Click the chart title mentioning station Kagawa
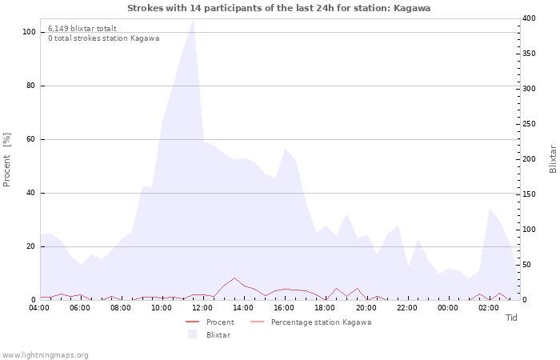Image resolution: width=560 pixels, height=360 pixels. coord(278,8)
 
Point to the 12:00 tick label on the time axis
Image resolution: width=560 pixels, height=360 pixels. coord(202,308)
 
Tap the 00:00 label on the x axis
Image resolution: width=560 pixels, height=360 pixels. coord(448,308)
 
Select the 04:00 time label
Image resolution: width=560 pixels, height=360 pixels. coord(39,308)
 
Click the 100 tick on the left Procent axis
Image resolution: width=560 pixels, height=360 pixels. coord(29,32)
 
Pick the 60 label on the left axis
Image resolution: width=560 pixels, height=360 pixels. coord(30,139)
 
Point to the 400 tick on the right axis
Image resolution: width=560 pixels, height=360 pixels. coord(529,18)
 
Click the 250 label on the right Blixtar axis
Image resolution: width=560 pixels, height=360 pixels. coord(529,124)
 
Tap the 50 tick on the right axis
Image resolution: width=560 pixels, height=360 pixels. coord(526,265)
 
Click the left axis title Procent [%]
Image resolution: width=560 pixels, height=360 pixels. coord(6,160)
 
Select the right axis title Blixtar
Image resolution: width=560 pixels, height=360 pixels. coord(553,159)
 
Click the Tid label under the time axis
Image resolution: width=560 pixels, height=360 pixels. coord(511,318)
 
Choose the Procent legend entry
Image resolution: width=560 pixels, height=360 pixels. coord(210,322)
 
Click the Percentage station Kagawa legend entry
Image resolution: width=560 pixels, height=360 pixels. coord(310,322)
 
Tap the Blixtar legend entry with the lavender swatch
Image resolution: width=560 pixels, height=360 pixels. coord(209,335)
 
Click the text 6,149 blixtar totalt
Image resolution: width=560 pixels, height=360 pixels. coord(82,29)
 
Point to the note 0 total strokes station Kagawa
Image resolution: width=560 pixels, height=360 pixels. coord(103,38)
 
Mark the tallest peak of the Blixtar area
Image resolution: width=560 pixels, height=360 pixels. coord(193,19)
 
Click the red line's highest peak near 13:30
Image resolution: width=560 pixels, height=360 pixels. coord(234,278)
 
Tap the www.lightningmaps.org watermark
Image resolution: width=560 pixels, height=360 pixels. coord(45,355)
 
